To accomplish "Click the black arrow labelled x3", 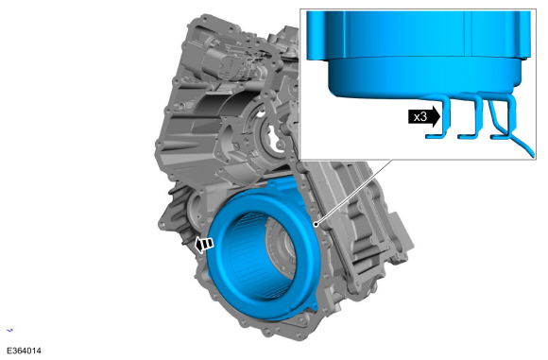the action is (x=424, y=116).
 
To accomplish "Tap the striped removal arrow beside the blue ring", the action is (x=204, y=244).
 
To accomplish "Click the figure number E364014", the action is (x=24, y=351).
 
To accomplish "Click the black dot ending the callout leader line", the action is (x=316, y=224).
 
